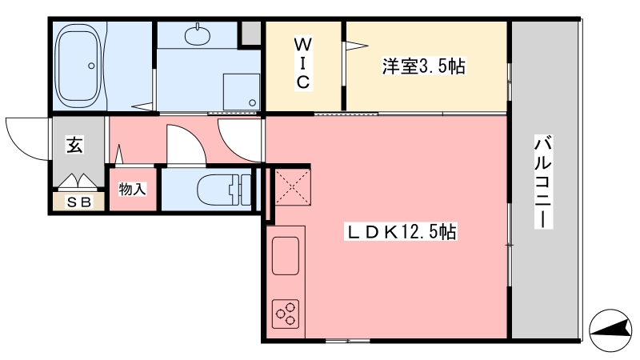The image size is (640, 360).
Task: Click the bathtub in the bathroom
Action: (x=78, y=66)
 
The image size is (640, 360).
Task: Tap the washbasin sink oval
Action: (x=198, y=35)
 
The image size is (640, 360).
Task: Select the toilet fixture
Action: (x=224, y=190)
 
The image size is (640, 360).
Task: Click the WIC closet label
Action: (x=302, y=63)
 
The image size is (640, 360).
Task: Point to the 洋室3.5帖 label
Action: (x=423, y=66)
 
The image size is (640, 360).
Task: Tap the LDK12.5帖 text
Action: (x=402, y=232)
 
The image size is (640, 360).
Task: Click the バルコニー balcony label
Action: (x=543, y=183)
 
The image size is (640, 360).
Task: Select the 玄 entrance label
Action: (x=74, y=146)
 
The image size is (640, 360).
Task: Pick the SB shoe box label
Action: (x=79, y=202)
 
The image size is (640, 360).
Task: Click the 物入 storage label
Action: (x=132, y=190)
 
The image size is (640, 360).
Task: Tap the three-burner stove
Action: (x=286, y=314)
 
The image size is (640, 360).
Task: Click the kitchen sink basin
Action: (x=286, y=255)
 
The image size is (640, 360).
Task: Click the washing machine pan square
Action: (x=242, y=92)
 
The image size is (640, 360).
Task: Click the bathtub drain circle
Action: (x=91, y=66)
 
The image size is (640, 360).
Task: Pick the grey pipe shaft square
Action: (x=250, y=34)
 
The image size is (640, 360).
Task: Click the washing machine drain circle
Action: (x=253, y=103)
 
